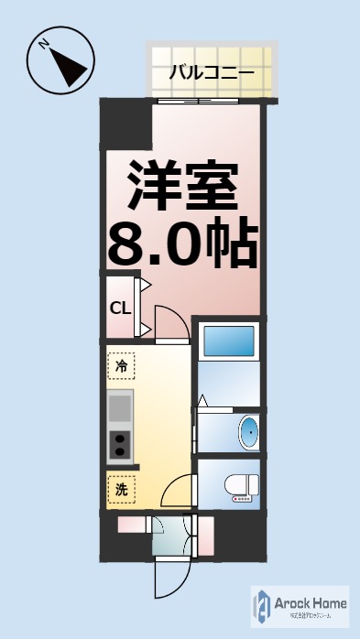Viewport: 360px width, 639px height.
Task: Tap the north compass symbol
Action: point(60,61)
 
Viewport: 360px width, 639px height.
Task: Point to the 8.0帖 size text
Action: point(182,241)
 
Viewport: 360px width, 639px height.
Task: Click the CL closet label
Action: point(120,308)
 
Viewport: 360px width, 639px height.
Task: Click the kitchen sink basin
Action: point(120,406)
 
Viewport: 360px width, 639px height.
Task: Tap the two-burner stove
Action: point(120,446)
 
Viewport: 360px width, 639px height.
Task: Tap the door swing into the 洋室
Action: point(171,322)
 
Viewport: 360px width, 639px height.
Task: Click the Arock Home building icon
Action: point(262,605)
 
